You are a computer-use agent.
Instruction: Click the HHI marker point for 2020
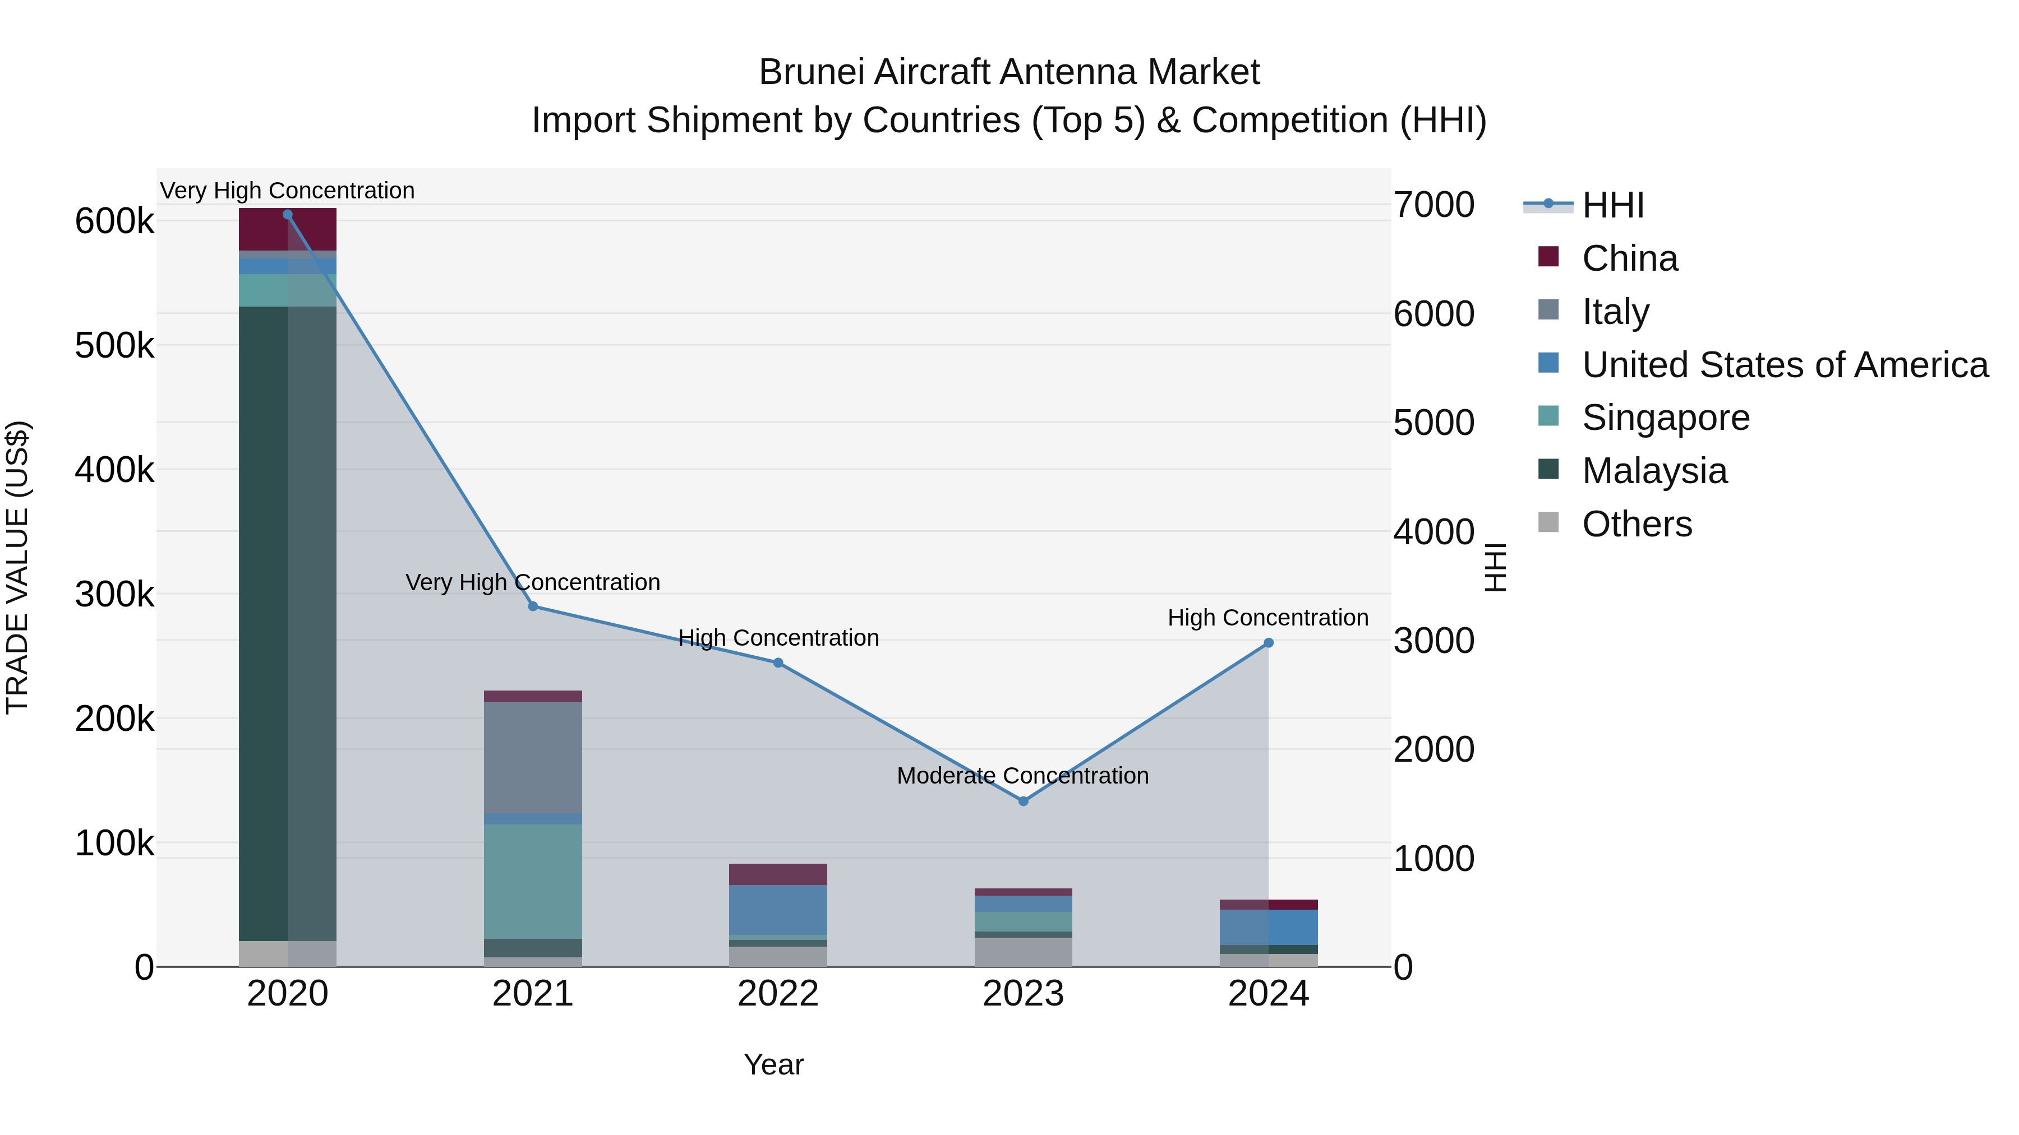pyautogui.click(x=288, y=215)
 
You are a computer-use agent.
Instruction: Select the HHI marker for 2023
pyautogui.click(x=1023, y=802)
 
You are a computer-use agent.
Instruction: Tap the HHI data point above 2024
pyautogui.click(x=1268, y=643)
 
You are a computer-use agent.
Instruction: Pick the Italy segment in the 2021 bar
pyautogui.click(x=533, y=757)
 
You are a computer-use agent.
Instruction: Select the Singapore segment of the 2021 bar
pyautogui.click(x=533, y=881)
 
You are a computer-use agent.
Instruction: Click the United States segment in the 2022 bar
pyautogui.click(x=777, y=910)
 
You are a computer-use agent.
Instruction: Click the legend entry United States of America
pyautogui.click(x=1784, y=365)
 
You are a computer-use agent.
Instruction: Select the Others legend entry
pyautogui.click(x=1637, y=524)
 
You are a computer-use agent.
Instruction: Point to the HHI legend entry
pyautogui.click(x=1612, y=205)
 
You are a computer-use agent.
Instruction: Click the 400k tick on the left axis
pyautogui.click(x=114, y=470)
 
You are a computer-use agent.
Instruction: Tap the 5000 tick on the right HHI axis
pyautogui.click(x=1433, y=423)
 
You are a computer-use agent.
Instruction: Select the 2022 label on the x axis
pyautogui.click(x=777, y=994)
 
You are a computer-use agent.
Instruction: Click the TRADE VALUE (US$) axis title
pyautogui.click(x=17, y=567)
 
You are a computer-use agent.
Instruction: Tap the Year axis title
pyautogui.click(x=773, y=1064)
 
